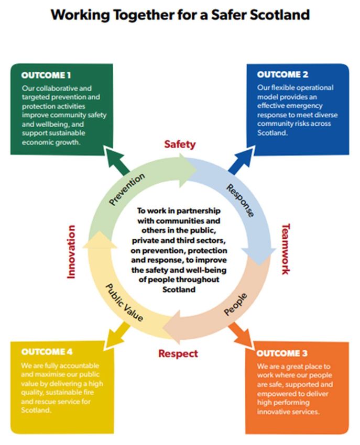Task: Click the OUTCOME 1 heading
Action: point(47,75)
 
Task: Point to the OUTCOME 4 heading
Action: point(47,351)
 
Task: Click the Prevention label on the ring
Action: point(127,190)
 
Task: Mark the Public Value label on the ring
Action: point(124,302)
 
